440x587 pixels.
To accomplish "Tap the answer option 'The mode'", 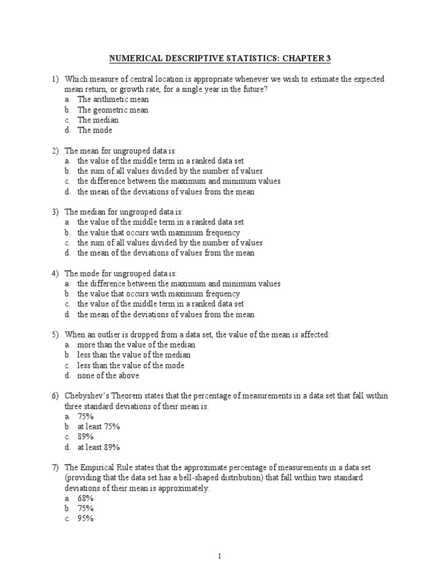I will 95,131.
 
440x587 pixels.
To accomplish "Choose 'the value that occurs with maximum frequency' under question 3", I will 159,233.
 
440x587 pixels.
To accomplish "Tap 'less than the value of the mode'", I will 131,366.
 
